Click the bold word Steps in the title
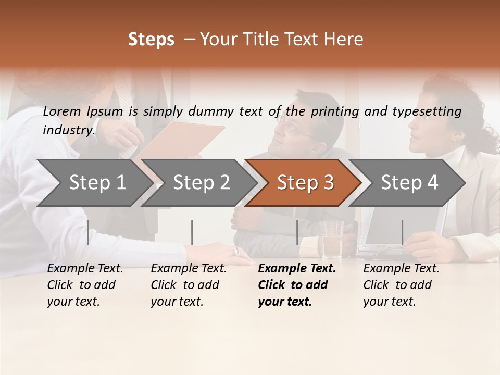point(151,40)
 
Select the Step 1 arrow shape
point(94,183)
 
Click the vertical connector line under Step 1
point(87,232)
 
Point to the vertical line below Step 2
point(192,232)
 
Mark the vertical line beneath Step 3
point(297,232)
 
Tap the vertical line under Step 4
point(402,232)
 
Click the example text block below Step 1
point(85,285)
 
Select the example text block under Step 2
point(189,285)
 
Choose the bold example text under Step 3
point(297,285)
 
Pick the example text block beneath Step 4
point(401,285)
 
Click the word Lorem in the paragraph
point(63,111)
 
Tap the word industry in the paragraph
point(68,130)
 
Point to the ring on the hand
point(237,251)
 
